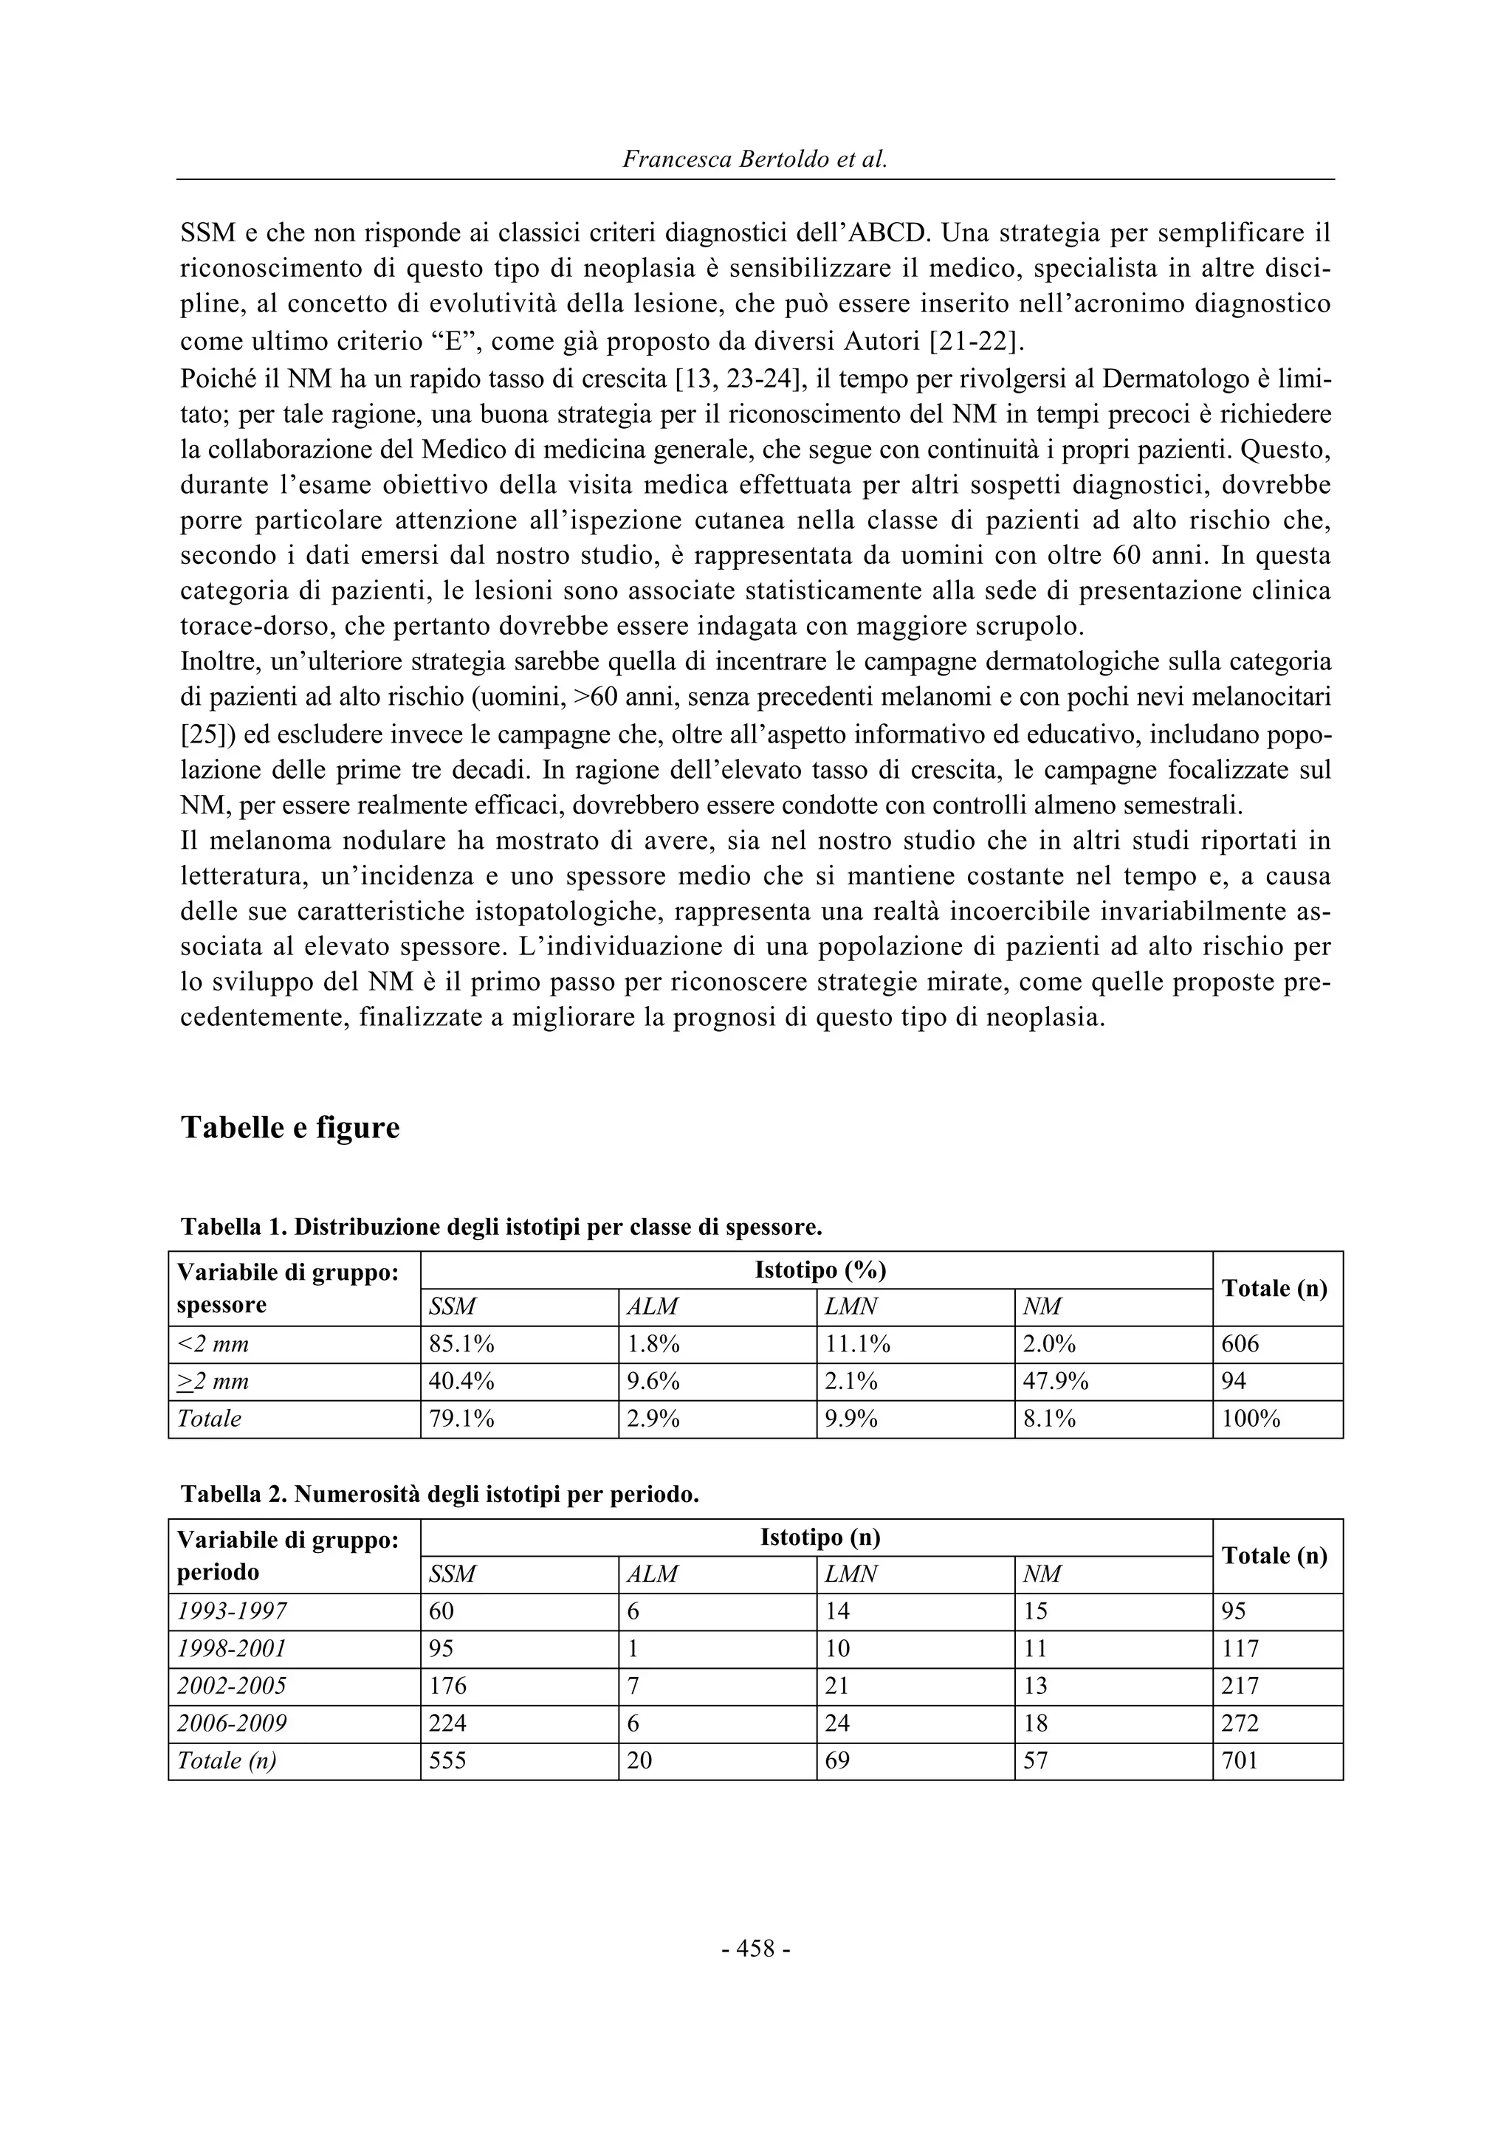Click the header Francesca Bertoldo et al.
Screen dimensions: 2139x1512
pos(755,159)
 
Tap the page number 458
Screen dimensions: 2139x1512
pos(755,1948)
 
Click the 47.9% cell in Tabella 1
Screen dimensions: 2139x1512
pos(1056,1382)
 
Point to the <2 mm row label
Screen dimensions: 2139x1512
pos(213,1344)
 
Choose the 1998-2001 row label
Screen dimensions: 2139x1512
pos(232,1649)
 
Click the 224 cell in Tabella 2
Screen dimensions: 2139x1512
pos(447,1723)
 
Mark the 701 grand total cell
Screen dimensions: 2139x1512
pos(1240,1761)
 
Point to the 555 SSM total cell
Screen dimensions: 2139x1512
pos(447,1761)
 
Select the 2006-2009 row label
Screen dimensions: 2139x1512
pos(232,1723)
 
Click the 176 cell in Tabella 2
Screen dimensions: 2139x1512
pos(447,1687)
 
